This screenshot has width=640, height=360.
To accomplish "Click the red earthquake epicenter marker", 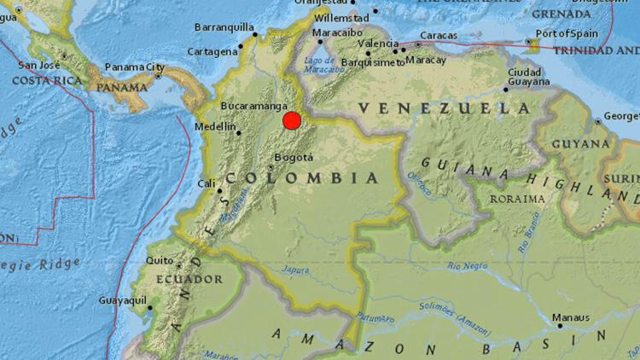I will point(292,121).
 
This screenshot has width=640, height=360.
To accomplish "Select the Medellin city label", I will point(216,127).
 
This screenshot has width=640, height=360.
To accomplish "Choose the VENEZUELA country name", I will point(445,108).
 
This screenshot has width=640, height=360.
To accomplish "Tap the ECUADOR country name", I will point(189,279).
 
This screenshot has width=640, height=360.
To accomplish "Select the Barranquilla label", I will point(224,27).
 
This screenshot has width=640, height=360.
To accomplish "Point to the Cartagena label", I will point(212,51).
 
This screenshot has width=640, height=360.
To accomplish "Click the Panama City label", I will point(134,67).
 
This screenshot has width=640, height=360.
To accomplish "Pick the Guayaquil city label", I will point(123,300).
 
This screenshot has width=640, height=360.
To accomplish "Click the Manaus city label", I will point(570,317).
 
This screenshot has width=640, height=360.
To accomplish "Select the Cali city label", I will point(206,183).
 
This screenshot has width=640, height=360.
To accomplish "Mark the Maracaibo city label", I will point(332,32).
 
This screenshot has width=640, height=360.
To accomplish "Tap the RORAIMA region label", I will point(518,199).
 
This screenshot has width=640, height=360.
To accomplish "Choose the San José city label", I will point(39,66).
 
